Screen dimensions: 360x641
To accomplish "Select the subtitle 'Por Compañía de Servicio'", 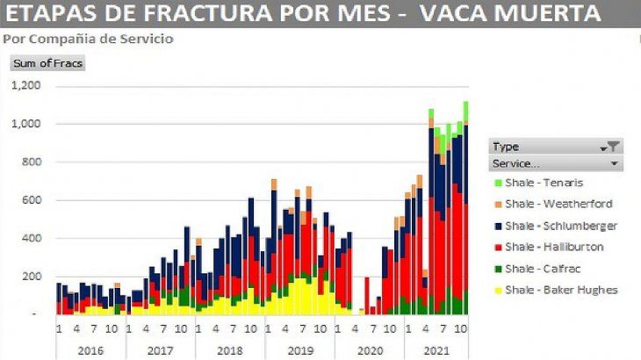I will pos(89,40).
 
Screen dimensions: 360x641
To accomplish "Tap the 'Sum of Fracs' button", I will pos(47,62).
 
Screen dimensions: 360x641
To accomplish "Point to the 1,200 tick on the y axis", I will pos(26,86).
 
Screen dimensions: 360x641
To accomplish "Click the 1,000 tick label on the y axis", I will pos(26,124).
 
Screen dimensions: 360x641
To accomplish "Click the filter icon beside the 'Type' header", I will pos(614,147).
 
